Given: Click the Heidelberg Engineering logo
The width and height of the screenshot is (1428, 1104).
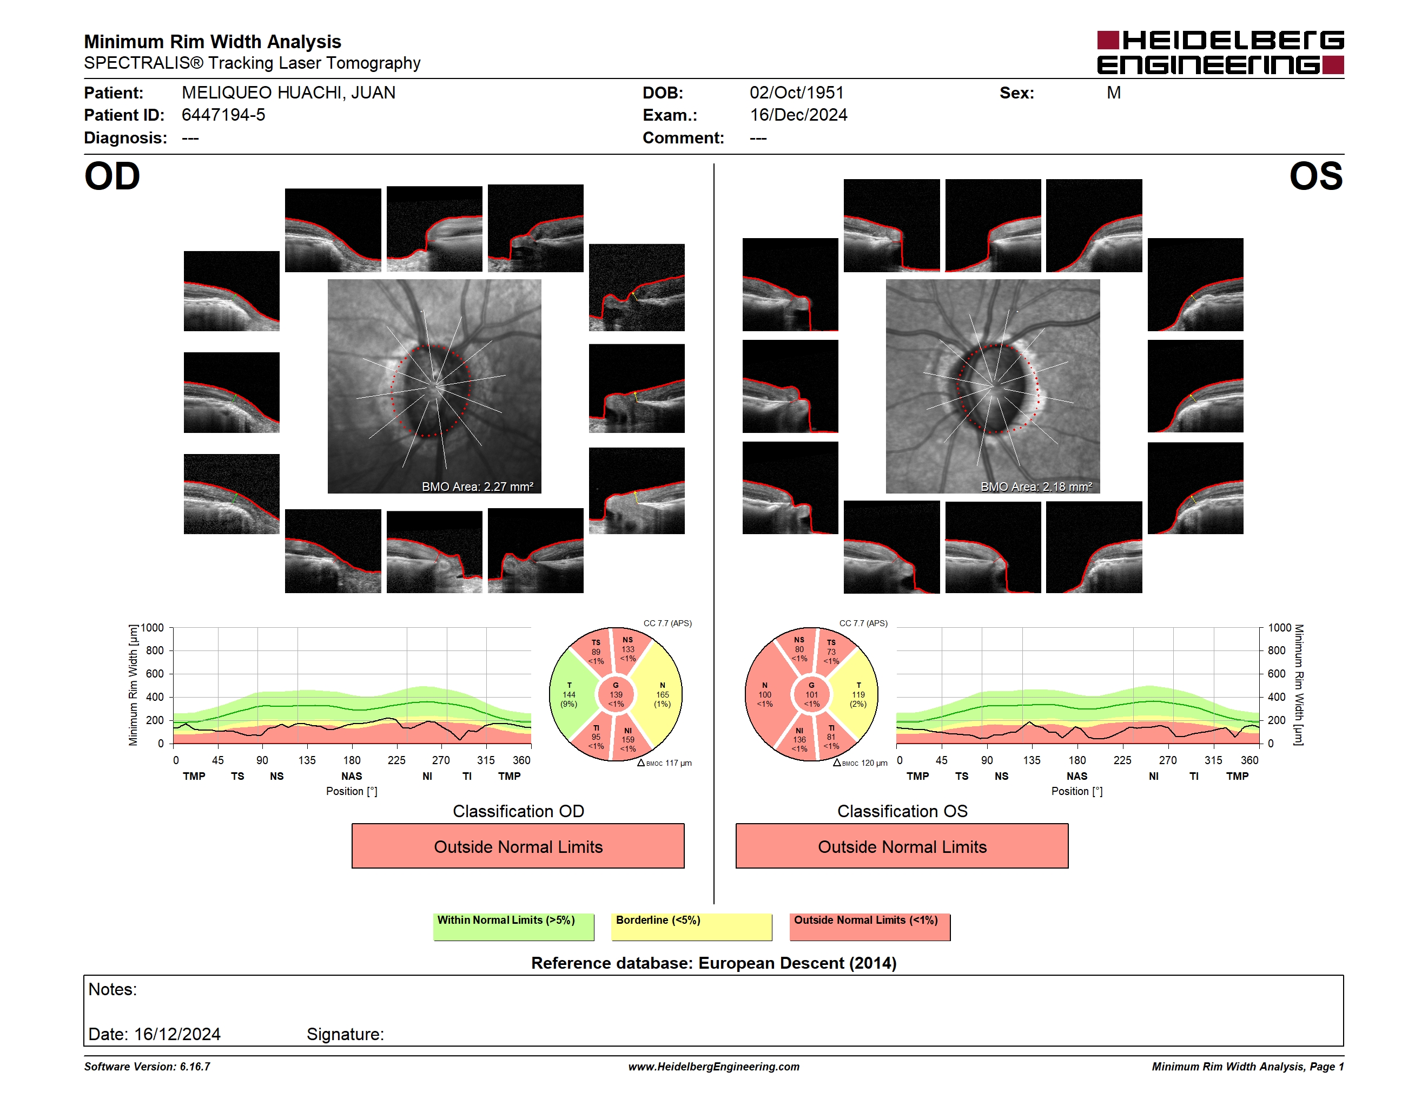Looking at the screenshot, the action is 1220,52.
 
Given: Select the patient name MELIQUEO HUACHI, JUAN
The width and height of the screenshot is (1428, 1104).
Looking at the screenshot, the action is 288,93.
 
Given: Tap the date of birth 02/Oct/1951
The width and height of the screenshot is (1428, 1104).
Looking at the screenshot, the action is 796,93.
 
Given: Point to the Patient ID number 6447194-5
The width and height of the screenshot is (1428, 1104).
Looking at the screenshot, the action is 223,115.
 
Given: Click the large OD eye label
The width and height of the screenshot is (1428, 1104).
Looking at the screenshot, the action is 112,176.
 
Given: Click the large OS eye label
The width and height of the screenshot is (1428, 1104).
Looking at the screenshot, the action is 1316,176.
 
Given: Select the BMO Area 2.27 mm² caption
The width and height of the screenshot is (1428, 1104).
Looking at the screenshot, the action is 477,487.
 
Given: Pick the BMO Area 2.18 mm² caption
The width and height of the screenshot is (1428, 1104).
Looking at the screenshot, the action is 1036,487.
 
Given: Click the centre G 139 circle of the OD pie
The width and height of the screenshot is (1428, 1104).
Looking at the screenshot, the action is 616,694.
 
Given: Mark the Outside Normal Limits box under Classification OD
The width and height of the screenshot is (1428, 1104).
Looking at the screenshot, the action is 518,846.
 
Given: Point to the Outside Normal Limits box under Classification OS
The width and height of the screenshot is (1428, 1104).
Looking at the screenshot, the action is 902,846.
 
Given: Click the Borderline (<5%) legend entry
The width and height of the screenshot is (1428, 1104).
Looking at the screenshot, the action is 691,926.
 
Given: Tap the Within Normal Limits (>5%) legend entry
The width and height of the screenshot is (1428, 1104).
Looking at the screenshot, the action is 513,926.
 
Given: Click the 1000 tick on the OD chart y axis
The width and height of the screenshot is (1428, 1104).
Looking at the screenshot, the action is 153,628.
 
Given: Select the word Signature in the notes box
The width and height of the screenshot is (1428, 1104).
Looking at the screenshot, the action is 345,1034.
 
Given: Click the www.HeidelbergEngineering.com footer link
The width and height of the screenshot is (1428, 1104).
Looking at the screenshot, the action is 714,1067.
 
